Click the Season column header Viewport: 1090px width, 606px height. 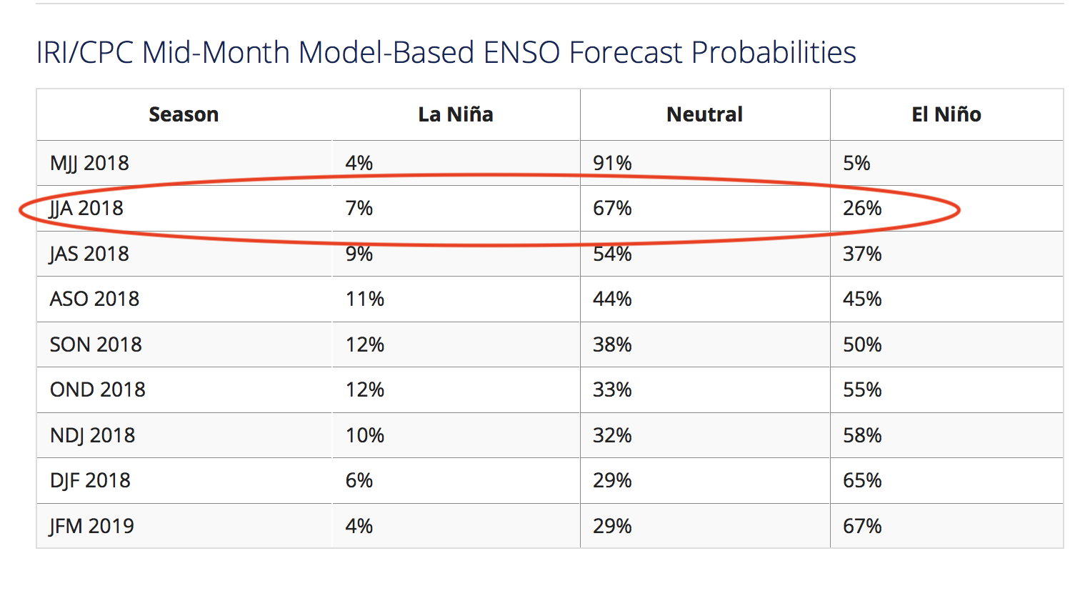pyautogui.click(x=184, y=114)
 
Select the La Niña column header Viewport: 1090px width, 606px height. pyautogui.click(x=456, y=114)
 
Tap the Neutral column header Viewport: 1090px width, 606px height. pyautogui.click(x=704, y=114)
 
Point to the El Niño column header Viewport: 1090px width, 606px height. pyautogui.click(x=946, y=114)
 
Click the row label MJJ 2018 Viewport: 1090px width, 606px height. pyautogui.click(x=89, y=163)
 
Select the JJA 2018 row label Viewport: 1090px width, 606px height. pyautogui.click(x=86, y=208)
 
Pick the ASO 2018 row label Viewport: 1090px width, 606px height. pyautogui.click(x=94, y=299)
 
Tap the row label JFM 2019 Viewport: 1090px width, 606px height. pyautogui.click(x=91, y=526)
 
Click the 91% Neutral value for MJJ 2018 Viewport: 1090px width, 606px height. pyautogui.click(x=612, y=163)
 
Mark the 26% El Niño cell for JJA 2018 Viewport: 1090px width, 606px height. pyautogui.click(x=862, y=208)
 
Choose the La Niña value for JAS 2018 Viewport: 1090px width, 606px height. pyautogui.click(x=359, y=254)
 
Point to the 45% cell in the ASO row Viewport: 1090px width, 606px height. pyautogui.click(x=862, y=299)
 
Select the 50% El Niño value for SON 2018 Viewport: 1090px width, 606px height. pyautogui.click(x=862, y=344)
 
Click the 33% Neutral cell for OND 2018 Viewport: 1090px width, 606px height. pyautogui.click(x=612, y=389)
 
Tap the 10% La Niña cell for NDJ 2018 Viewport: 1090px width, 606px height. pyautogui.click(x=365, y=435)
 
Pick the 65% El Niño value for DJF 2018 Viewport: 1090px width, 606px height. pyautogui.click(x=862, y=480)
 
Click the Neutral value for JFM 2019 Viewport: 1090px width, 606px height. pyautogui.click(x=612, y=526)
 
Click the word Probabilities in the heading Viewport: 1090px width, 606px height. pyautogui.click(x=774, y=52)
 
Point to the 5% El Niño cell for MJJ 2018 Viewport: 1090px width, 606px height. pyautogui.click(x=856, y=163)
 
